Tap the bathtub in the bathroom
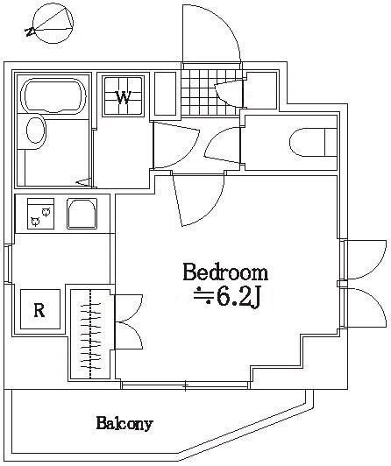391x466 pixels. point(54,95)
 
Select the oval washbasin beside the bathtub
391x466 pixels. point(35,132)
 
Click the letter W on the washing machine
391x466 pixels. point(124,97)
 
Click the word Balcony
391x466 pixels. point(124,425)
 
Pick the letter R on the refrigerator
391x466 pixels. point(39,309)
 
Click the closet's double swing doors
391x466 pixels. point(127,323)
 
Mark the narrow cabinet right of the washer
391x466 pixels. point(165,93)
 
